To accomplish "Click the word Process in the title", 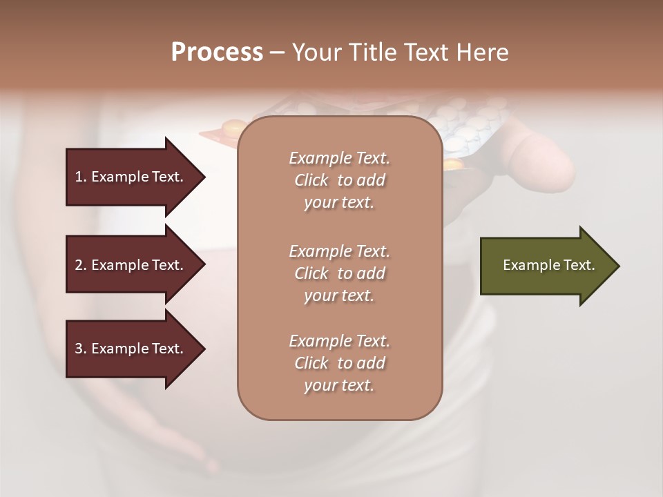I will tap(217, 52).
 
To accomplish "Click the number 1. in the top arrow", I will tap(81, 177).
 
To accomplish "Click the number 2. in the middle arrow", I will tap(81, 265).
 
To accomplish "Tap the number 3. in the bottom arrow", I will tap(81, 349).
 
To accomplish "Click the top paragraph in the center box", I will tap(339, 180).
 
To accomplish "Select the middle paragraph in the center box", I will tap(339, 273).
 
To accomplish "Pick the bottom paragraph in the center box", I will tap(339, 363).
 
